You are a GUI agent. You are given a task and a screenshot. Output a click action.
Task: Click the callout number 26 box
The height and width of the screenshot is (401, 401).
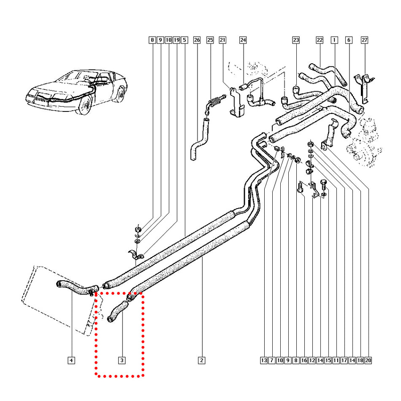pyautogui.click(x=196, y=40)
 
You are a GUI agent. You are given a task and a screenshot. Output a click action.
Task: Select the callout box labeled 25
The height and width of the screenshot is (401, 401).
pyautogui.click(x=210, y=40)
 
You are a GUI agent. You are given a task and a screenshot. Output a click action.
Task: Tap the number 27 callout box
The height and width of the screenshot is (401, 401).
pyautogui.click(x=364, y=40)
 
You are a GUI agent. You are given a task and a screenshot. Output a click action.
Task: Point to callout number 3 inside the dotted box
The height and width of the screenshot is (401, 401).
pyautogui.click(x=122, y=360)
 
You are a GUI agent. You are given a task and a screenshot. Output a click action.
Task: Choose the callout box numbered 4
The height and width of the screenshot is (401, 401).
pyautogui.click(x=71, y=360)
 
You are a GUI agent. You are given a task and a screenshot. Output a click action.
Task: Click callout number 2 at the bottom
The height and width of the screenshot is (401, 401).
pyautogui.click(x=201, y=360)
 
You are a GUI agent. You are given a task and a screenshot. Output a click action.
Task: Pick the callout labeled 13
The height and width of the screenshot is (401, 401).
pyautogui.click(x=264, y=360)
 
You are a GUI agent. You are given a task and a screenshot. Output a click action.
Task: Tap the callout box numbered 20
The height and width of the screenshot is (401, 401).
pyautogui.click(x=368, y=360)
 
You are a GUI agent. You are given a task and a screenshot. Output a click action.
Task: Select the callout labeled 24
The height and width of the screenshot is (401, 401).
pyautogui.click(x=243, y=40)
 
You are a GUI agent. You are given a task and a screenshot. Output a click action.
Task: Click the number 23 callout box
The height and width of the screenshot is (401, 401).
pyautogui.click(x=295, y=40)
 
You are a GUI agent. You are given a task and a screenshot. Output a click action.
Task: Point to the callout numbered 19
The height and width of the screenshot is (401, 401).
pyautogui.click(x=176, y=40)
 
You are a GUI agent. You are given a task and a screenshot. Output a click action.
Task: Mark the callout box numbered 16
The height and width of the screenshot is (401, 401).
pyautogui.click(x=304, y=360)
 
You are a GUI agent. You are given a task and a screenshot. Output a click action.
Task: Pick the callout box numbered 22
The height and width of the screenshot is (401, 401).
pyautogui.click(x=320, y=40)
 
